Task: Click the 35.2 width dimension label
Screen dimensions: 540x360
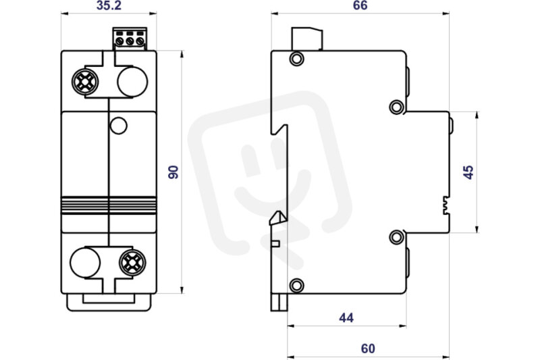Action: point(109,5)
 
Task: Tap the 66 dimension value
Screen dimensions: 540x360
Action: point(360,5)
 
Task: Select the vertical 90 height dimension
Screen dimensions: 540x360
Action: point(173,172)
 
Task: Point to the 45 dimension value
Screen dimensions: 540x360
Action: point(468,172)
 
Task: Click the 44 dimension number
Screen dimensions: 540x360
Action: point(346,317)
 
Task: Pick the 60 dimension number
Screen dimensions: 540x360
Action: point(368,349)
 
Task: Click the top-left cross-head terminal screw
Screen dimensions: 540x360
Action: point(85,82)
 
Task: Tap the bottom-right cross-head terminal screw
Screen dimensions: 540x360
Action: point(132,263)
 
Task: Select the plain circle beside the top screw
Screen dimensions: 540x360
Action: point(132,82)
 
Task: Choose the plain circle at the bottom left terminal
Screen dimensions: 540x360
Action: point(85,263)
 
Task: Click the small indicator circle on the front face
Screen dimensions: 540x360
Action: point(119,126)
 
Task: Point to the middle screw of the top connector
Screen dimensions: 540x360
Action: point(130,41)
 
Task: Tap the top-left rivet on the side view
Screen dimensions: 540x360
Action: point(296,59)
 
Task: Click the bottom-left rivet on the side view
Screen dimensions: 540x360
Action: point(296,286)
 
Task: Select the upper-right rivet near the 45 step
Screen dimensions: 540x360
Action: point(397,107)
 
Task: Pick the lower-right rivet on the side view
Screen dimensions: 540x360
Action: point(397,237)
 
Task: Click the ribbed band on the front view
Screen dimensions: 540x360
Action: point(109,205)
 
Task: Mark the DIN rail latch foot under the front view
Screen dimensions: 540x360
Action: point(109,302)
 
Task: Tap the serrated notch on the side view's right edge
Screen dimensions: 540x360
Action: point(446,205)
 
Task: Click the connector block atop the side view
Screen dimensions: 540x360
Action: point(307,39)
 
